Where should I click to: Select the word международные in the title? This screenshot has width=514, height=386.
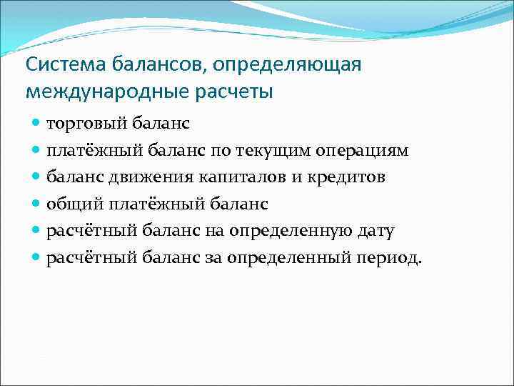[x=97, y=91]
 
